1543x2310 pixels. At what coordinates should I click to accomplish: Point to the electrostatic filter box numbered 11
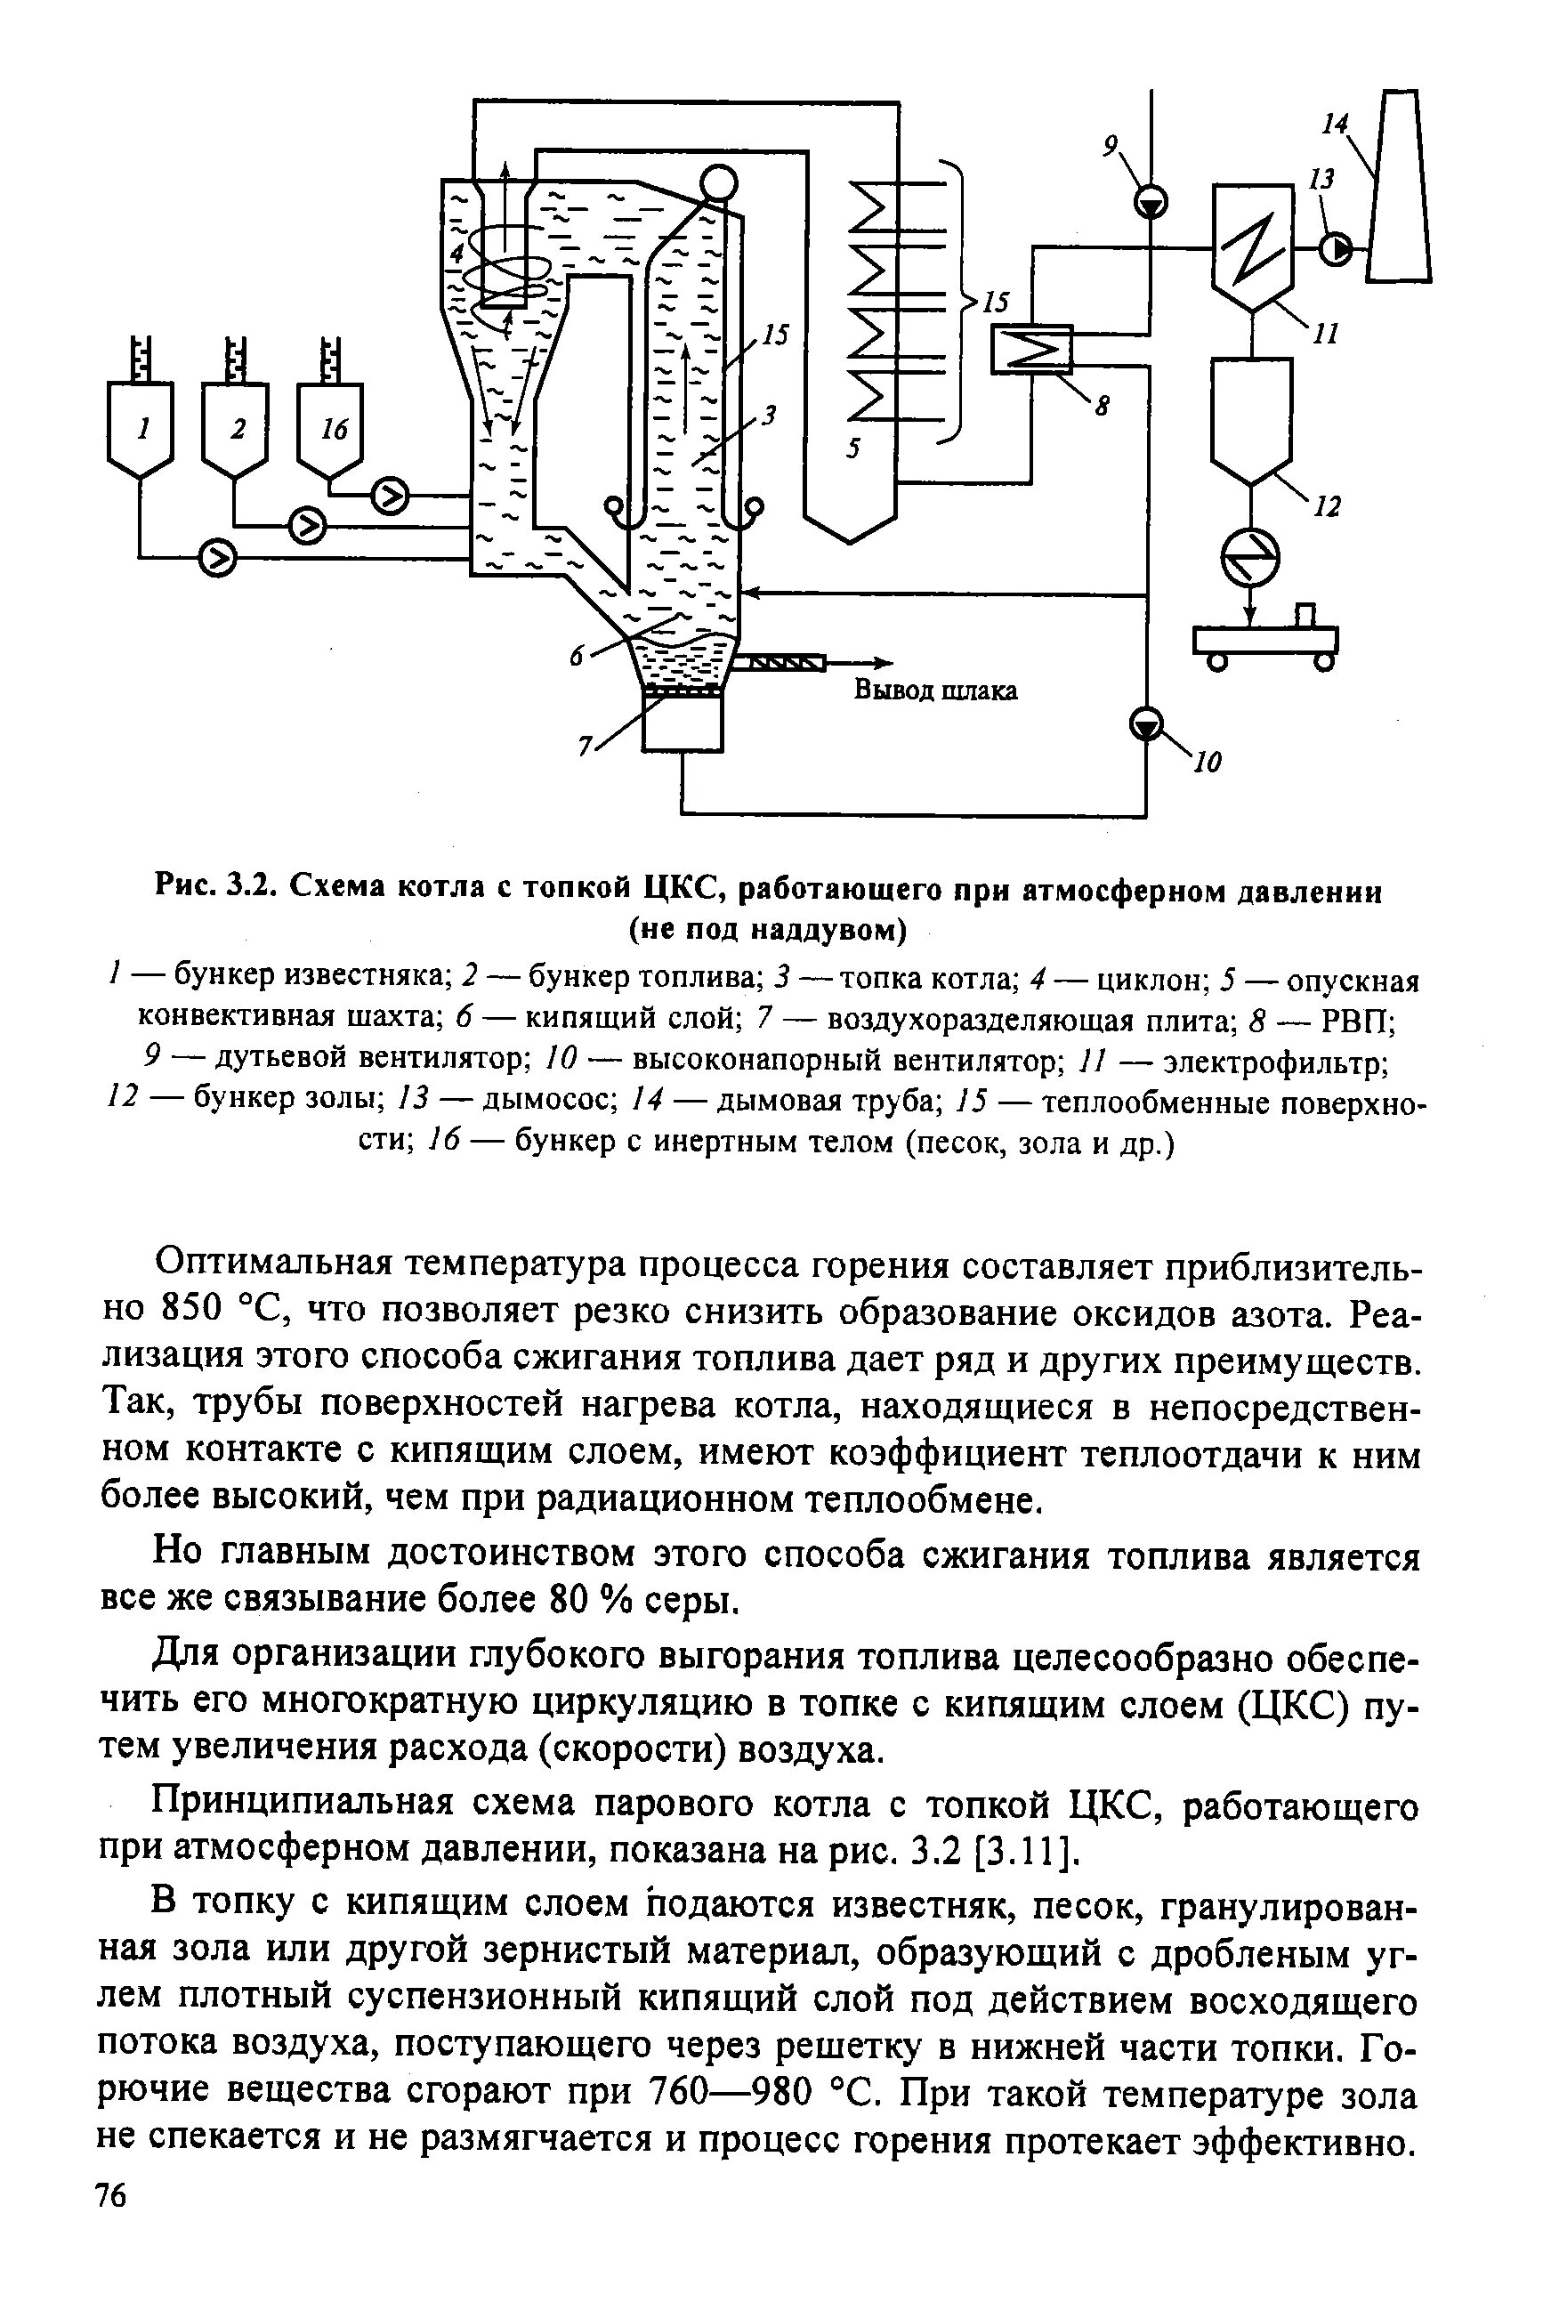point(1251,242)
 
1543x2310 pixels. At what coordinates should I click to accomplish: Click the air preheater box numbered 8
point(1030,348)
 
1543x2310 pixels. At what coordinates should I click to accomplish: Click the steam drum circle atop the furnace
point(718,183)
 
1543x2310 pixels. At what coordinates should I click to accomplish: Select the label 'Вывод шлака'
point(935,691)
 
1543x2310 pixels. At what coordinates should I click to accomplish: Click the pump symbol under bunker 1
point(217,557)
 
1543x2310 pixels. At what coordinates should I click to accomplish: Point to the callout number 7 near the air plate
point(585,747)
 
